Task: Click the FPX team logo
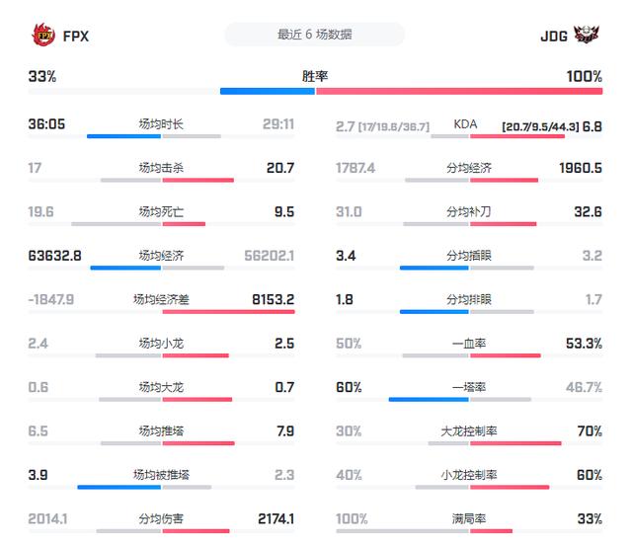coord(42,35)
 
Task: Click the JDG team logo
coord(587,35)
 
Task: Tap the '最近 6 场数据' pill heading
coord(315,35)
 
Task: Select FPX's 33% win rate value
coord(41,76)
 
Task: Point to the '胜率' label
coord(315,76)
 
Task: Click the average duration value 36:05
coord(48,124)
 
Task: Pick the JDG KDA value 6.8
coord(592,126)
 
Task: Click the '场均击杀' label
coord(161,168)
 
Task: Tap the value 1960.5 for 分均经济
coord(580,168)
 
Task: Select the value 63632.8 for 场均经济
coord(55,255)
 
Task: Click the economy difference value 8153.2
coord(274,298)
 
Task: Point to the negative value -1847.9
coord(51,298)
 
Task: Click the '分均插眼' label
coord(468,255)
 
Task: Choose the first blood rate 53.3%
coord(584,343)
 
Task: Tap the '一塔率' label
coord(468,386)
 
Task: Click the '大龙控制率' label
coord(468,430)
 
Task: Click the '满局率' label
coord(468,517)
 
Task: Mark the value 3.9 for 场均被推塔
coord(39,474)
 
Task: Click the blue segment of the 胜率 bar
coord(267,91)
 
